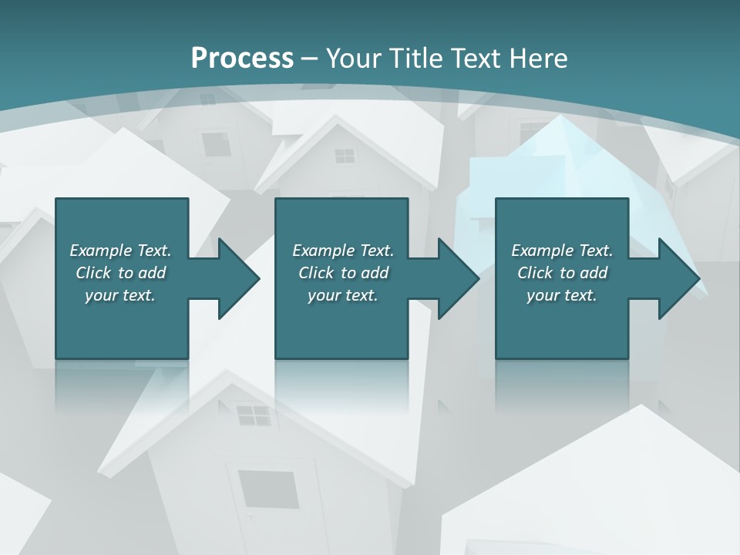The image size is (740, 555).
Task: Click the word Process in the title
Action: (x=242, y=59)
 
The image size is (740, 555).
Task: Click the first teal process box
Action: (x=122, y=324)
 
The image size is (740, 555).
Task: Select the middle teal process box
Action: (x=341, y=324)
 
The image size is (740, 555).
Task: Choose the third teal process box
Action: (x=561, y=324)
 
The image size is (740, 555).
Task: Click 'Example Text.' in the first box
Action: (x=120, y=251)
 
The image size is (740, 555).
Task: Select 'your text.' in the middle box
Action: (x=342, y=295)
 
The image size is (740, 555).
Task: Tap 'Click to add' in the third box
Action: (x=562, y=273)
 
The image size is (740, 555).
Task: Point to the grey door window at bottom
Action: (x=267, y=489)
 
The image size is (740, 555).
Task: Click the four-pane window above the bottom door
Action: (x=253, y=415)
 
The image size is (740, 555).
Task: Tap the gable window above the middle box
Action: (x=345, y=156)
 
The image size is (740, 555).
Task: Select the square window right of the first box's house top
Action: (x=214, y=143)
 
